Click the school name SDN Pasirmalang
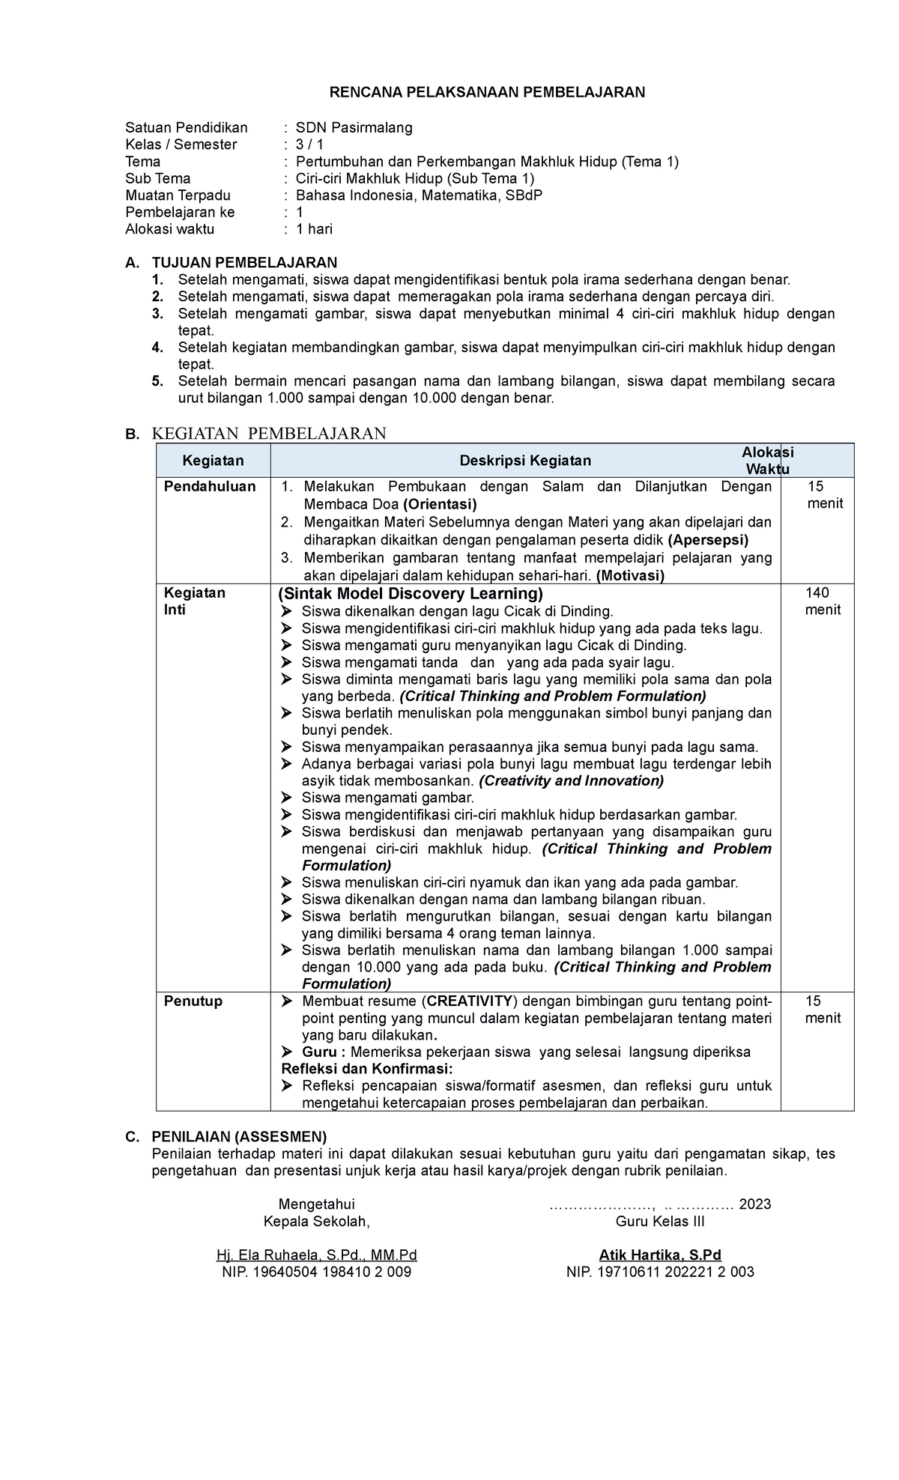(x=354, y=127)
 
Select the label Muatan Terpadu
(x=178, y=195)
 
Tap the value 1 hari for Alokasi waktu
(x=314, y=229)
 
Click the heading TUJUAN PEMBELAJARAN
(x=244, y=262)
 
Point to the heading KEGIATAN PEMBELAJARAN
(x=269, y=434)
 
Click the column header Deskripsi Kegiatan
(x=525, y=461)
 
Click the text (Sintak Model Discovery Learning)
(x=410, y=594)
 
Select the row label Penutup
(x=193, y=1001)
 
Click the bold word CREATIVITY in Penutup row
(x=470, y=1001)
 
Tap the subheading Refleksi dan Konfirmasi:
(x=367, y=1069)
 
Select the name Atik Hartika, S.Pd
(x=659, y=1255)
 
